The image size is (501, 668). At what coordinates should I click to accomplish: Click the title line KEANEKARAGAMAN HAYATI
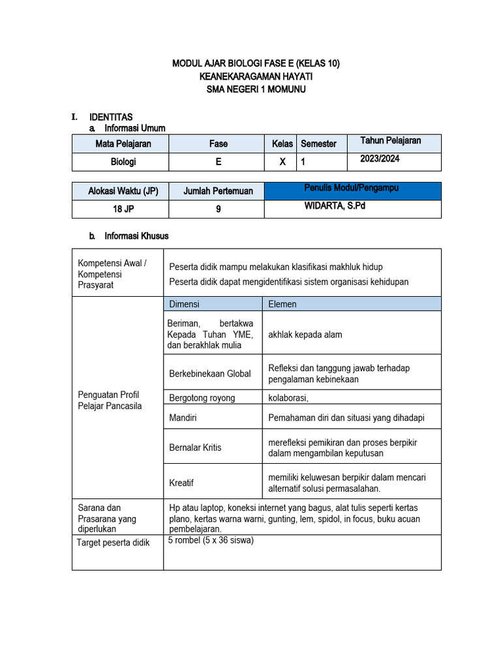point(256,76)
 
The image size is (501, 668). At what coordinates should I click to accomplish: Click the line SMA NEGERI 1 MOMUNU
point(256,89)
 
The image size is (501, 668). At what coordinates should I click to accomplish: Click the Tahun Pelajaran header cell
point(390,141)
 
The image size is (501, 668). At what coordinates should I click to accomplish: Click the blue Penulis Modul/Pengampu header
point(352,189)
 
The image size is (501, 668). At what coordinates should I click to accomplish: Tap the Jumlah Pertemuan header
point(218,191)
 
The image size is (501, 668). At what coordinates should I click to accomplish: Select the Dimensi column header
point(185,304)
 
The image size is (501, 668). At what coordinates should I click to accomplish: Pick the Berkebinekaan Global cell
point(210,374)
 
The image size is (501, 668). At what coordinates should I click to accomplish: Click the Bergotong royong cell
point(202,398)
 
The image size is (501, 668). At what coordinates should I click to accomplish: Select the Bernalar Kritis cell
point(195,448)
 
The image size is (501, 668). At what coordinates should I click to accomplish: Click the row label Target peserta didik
point(114,543)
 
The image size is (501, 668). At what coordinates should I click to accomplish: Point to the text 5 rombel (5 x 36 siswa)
point(211,540)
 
